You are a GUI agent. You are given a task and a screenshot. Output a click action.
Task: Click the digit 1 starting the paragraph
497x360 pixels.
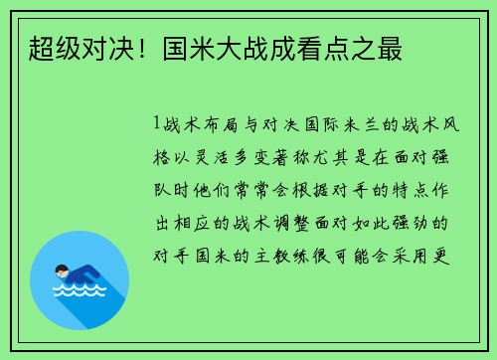click(x=157, y=125)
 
